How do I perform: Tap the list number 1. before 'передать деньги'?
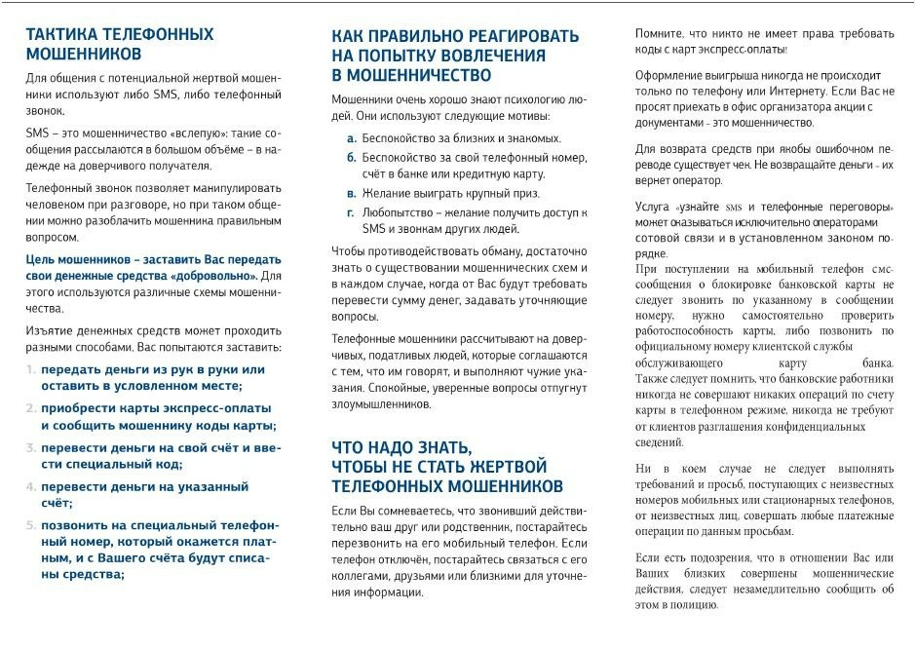(31, 369)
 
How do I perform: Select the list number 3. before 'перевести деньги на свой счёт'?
(31, 448)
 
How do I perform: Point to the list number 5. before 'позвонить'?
(31, 524)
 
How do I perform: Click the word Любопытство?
(397, 211)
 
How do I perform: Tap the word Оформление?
(670, 75)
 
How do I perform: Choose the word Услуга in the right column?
(652, 208)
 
